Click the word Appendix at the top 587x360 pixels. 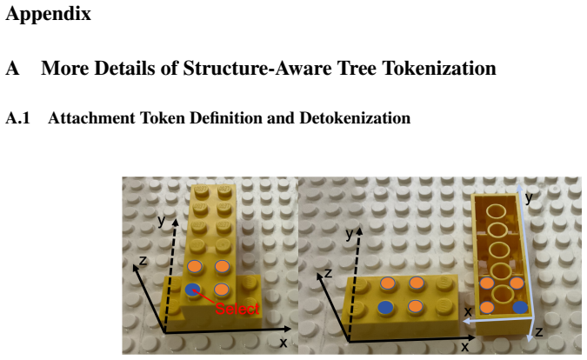[x=49, y=14]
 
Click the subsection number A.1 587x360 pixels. [x=17, y=118]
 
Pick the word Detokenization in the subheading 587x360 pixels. [x=355, y=118]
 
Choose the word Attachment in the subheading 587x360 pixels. [x=91, y=118]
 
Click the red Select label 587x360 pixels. [x=237, y=309]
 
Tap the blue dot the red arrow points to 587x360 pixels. [x=193, y=290]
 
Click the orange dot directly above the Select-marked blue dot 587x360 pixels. [x=195, y=266]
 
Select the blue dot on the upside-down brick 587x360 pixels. [x=520, y=307]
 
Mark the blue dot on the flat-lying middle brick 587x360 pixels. [x=385, y=308]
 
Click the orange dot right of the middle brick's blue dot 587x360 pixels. [x=415, y=306]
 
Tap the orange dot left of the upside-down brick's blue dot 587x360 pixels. [x=487, y=307]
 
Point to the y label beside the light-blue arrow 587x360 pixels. [x=529, y=197]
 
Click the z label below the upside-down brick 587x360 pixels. [x=538, y=331]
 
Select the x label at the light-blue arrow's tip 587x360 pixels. [x=468, y=311]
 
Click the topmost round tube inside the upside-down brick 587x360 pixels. [x=497, y=210]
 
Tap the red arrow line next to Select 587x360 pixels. [x=204, y=297]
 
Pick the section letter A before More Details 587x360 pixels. [x=12, y=69]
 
